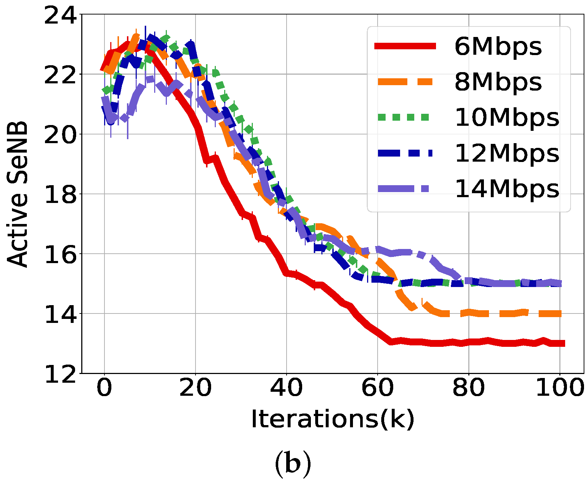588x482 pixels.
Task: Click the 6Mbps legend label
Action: (498, 47)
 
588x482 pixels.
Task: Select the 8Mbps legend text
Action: (498, 82)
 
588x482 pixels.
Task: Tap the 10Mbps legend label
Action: (507, 118)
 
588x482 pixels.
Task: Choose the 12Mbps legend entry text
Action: (507, 153)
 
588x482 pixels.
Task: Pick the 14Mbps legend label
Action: (507, 189)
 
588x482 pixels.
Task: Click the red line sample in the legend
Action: (405, 46)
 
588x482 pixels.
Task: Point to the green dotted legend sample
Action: (405, 117)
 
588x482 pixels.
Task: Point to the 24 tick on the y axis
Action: (61, 16)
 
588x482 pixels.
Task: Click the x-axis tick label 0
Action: (104, 388)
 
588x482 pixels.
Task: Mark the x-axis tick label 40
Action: (286, 388)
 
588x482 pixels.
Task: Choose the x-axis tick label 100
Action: (559, 388)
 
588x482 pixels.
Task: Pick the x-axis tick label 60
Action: (377, 388)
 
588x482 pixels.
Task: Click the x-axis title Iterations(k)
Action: (332, 419)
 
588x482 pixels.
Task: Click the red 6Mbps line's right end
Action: (563, 343)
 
